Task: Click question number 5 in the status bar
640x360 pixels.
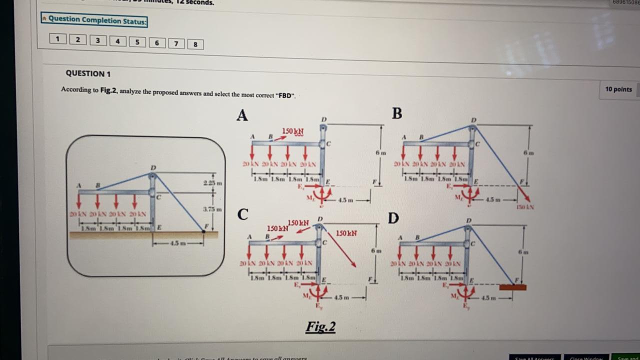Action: tap(137, 42)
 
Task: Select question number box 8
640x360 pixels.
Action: tap(195, 44)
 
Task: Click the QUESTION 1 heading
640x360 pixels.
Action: tap(88, 73)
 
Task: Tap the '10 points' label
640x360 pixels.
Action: tap(618, 89)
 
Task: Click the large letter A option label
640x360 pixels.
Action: tap(242, 115)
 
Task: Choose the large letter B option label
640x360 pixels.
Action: tap(397, 113)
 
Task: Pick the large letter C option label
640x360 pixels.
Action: tap(243, 214)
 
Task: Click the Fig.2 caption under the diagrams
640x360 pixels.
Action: tap(320, 327)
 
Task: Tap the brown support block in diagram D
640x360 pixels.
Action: tap(512, 287)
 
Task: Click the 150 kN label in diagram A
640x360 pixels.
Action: tap(293, 131)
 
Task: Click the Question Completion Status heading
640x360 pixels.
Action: tap(94, 20)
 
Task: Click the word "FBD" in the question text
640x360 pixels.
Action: tap(285, 95)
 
